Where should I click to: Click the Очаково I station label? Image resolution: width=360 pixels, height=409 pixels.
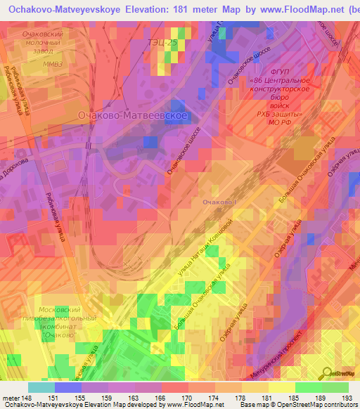pyautogui.click(x=220, y=202)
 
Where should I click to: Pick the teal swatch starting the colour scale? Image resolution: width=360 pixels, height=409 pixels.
pyautogui.click(x=41, y=387)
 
